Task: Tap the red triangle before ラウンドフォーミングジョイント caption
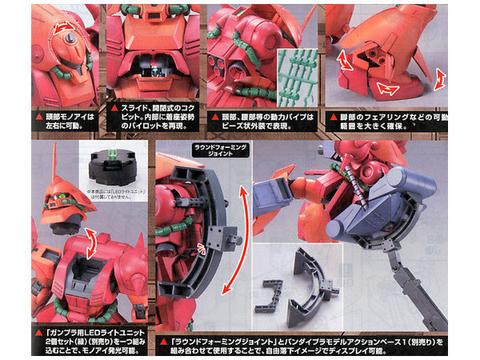point(163,330)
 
